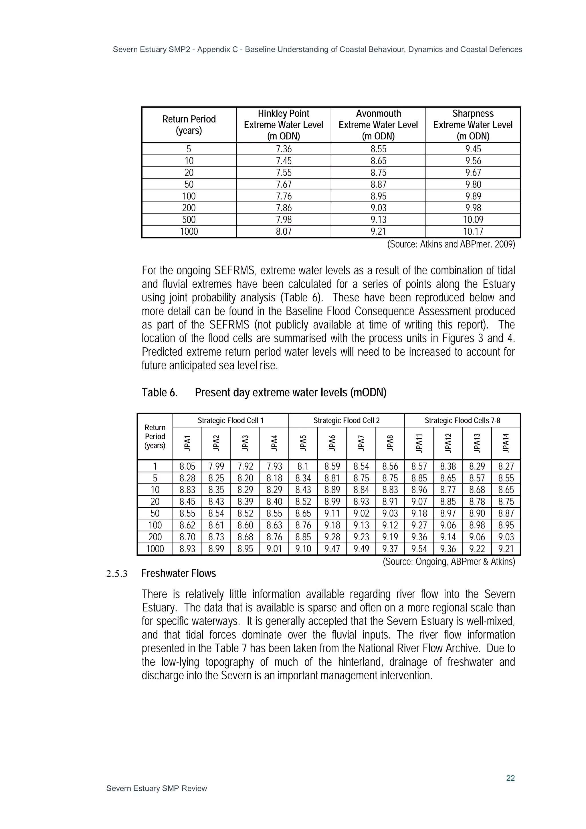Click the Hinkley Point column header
(284, 124)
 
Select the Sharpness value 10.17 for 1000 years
(473, 232)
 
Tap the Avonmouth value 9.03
(378, 208)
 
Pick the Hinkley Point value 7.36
(284, 149)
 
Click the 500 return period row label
(189, 220)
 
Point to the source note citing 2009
(451, 244)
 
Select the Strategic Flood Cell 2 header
(346, 420)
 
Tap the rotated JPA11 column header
(419, 443)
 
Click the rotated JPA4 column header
(274, 443)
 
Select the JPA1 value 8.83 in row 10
(187, 490)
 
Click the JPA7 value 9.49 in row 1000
(361, 549)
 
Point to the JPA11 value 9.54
(419, 549)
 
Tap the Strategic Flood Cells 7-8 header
(462, 420)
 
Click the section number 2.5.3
(117, 574)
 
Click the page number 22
(510, 778)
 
